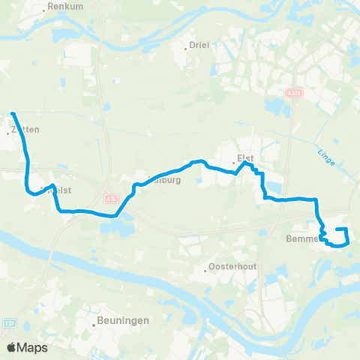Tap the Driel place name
(x=200, y=45)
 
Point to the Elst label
(x=244, y=157)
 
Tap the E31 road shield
(x=10, y=323)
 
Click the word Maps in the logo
(x=34, y=347)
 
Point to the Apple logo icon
(x=13, y=347)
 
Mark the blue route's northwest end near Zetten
(x=13, y=114)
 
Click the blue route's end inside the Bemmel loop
(x=337, y=229)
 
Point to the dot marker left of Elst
(x=231, y=158)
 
